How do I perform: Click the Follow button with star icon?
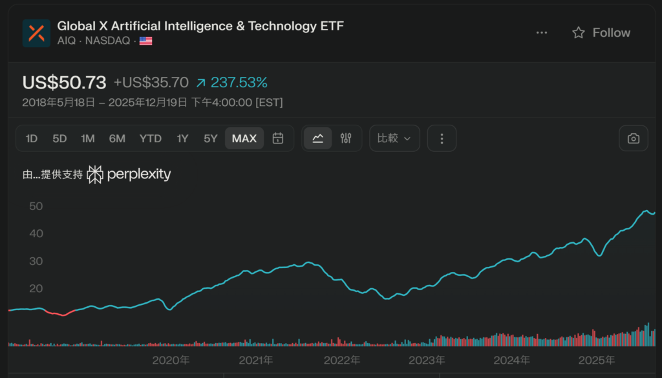601,33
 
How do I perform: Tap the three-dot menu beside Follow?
542,33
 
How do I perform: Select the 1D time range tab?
32,138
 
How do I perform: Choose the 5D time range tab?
59,138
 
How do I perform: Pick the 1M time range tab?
88,138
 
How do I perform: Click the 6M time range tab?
117,138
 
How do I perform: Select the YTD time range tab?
151,138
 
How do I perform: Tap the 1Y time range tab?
182,138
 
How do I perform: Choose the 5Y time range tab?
211,138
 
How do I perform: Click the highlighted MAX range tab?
244,138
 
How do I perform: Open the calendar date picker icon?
278,138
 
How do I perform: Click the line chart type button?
318,138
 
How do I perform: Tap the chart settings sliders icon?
346,138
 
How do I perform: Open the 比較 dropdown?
394,138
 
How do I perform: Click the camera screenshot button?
634,138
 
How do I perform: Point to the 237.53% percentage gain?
239,83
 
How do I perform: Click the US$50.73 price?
64,83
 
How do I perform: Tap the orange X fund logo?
36,33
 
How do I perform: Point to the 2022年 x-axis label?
341,360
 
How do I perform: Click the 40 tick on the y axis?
36,233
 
